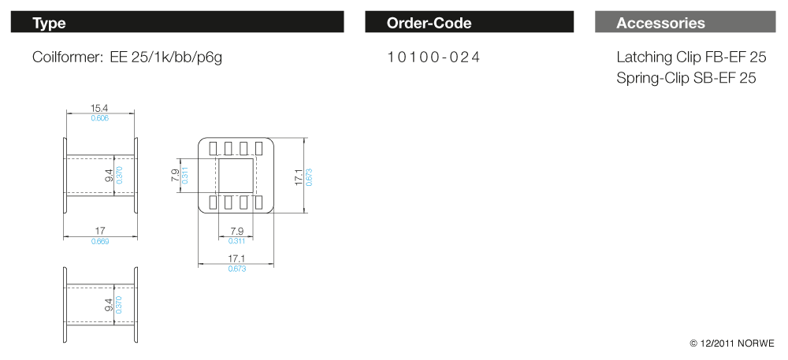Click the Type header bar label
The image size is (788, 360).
pos(49,23)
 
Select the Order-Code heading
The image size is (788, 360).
pos(429,23)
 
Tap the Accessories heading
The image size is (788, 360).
pos(660,23)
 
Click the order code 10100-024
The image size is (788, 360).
pos(433,58)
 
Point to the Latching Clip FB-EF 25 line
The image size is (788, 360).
pos(691,58)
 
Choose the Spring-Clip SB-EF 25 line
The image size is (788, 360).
pos(686,78)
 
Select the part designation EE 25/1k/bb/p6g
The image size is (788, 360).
pos(166,58)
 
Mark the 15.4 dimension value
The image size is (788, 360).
pos(99,109)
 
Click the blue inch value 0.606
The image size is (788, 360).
pos(99,118)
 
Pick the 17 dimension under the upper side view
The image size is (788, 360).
pos(100,231)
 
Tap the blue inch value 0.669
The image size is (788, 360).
pos(100,241)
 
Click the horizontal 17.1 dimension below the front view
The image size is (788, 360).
pos(236,258)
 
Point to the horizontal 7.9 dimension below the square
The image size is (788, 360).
pos(236,231)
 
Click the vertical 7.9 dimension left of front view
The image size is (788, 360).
pos(175,175)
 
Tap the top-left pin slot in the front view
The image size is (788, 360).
pos(214,148)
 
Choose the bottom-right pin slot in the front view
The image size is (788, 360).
pos(258,202)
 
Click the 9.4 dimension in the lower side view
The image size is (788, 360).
pos(109,304)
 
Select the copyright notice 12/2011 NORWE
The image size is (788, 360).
pos(732,343)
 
